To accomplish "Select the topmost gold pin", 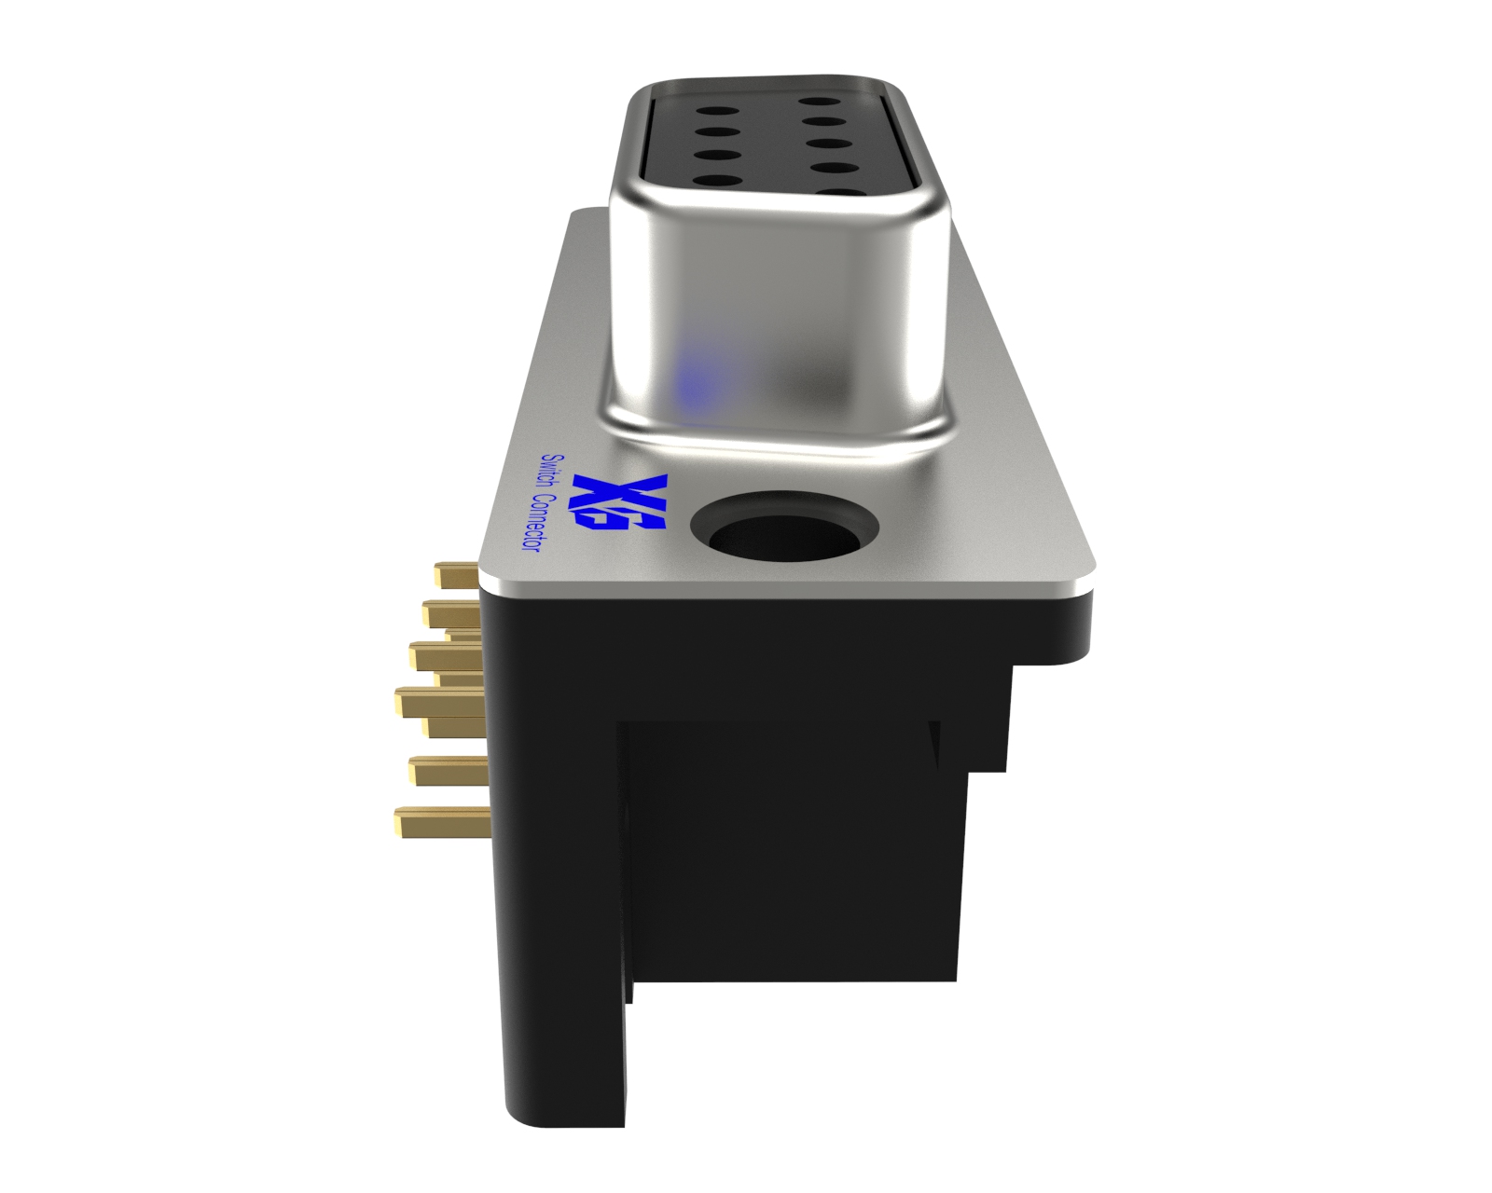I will point(457,573).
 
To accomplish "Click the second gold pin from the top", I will point(451,612).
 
